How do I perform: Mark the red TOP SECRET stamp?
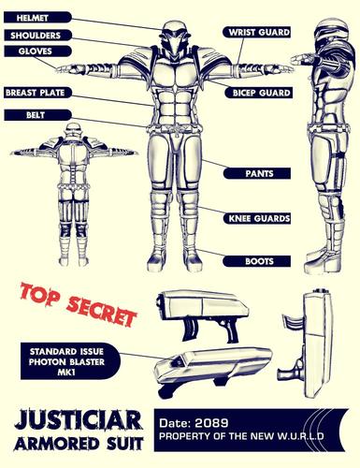[x=79, y=304]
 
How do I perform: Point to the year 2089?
[x=211, y=423]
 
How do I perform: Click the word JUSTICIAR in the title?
[x=79, y=420]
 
